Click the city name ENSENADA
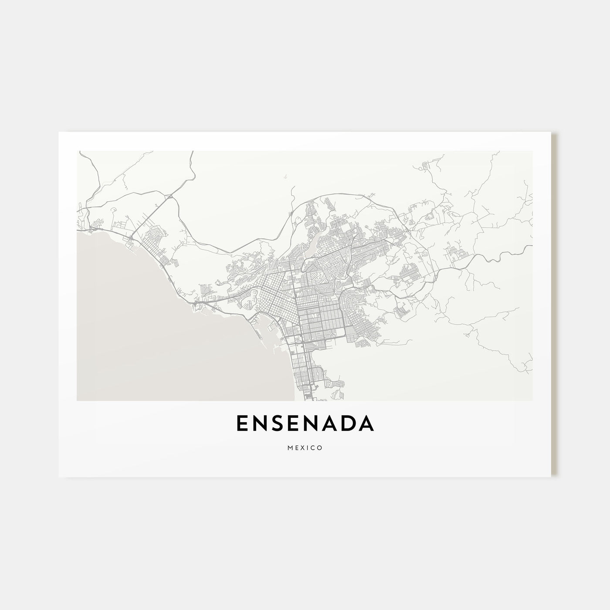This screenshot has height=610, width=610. click(305, 424)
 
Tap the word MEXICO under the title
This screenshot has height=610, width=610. click(305, 448)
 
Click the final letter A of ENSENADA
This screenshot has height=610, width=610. click(366, 424)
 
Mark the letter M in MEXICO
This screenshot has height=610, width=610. click(290, 448)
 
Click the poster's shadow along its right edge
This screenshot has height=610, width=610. click(554, 305)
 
